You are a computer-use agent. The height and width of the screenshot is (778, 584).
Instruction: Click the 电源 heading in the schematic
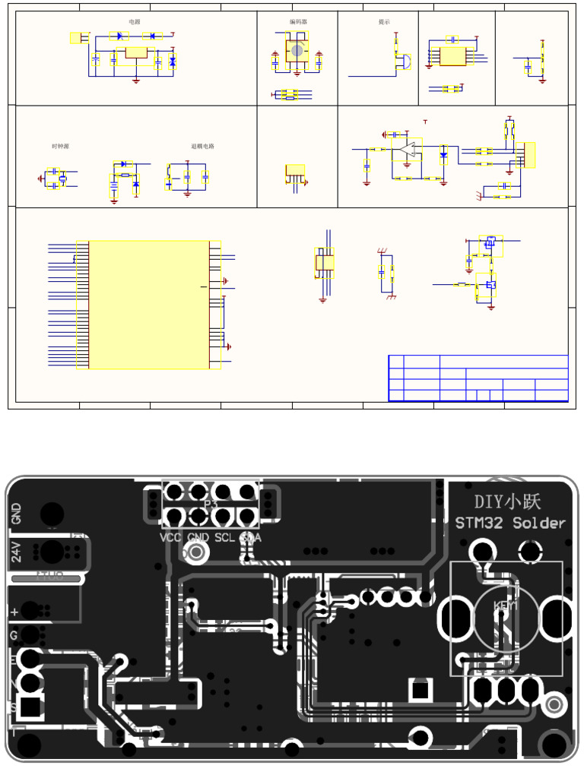point(135,22)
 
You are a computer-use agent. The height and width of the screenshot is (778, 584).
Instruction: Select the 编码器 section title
point(298,22)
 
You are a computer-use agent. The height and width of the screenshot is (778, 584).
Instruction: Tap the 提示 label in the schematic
point(384,22)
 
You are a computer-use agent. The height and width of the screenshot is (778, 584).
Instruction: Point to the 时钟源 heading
point(60,146)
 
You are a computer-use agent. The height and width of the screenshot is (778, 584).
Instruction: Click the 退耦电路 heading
point(202,146)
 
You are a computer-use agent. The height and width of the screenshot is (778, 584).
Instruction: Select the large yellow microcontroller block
point(149,305)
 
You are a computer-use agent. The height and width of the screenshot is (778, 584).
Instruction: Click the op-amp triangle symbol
point(409,150)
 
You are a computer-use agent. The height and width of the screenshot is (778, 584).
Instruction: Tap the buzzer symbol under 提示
point(404,63)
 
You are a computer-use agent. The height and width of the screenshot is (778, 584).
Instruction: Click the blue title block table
point(478,378)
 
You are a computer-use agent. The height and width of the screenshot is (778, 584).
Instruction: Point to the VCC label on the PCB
point(171,538)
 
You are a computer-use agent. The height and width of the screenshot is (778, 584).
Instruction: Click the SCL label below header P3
point(224,538)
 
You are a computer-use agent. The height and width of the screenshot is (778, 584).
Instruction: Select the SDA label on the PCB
point(250,538)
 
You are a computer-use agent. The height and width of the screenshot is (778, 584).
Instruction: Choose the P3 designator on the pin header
point(211,504)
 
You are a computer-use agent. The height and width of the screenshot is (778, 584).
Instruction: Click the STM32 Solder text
point(510,523)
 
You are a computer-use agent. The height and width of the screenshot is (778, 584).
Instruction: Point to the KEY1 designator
point(505,606)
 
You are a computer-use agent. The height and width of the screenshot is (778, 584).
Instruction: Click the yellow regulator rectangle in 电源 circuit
point(137,53)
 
